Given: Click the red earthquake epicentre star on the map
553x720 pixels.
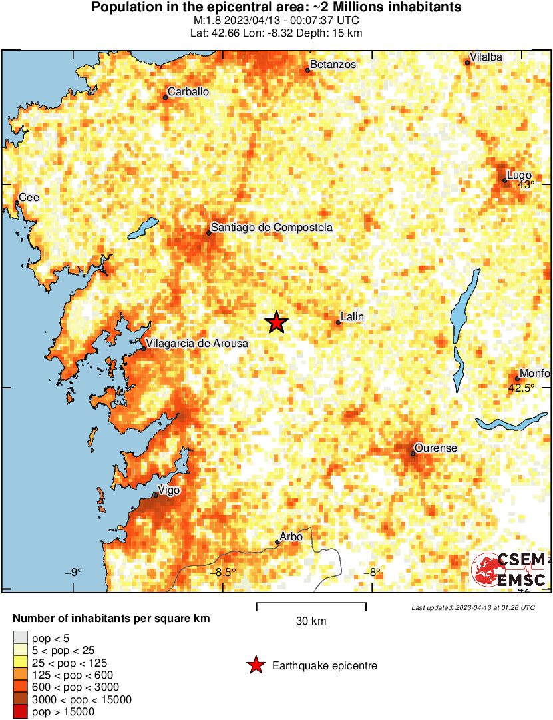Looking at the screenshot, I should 276,322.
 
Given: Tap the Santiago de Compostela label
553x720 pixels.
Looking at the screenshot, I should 272,228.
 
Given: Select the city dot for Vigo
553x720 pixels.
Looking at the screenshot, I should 156,495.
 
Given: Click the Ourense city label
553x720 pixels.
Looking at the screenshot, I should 435,448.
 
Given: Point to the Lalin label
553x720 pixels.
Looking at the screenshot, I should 351,316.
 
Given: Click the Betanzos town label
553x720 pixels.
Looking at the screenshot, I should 333,65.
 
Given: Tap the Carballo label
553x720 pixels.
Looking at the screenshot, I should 188,92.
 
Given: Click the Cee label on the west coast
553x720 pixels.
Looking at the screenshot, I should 29,198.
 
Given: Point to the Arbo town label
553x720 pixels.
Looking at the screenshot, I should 291,536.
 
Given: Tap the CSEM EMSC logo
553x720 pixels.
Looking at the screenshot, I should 510,570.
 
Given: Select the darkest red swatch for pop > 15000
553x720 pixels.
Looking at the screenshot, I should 20,711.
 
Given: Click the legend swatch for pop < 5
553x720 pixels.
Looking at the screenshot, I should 20,638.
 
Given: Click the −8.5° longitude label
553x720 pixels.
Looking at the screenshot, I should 223,572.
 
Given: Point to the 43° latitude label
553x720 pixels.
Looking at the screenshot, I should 526,185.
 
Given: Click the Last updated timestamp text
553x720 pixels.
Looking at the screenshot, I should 472,607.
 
